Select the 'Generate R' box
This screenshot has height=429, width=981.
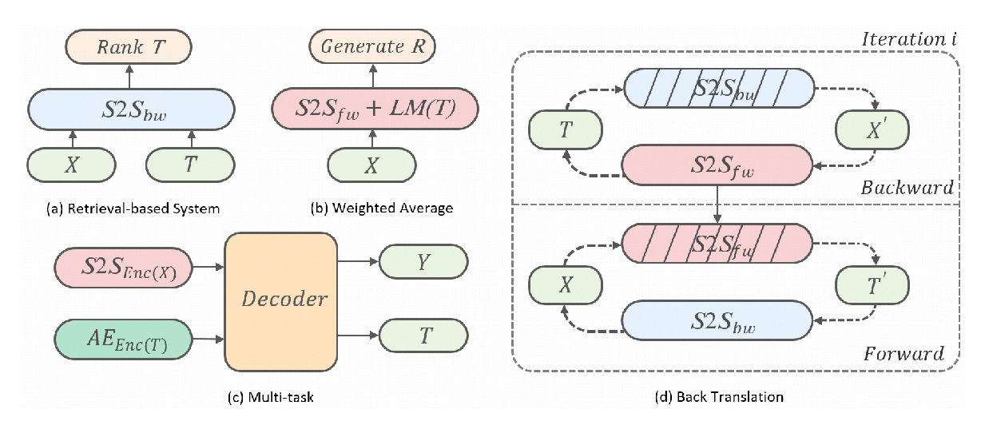click(x=371, y=47)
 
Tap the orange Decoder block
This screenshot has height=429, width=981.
click(x=284, y=300)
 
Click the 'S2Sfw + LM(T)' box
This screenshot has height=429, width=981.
click(x=374, y=108)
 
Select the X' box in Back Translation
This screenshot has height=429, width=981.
click(x=872, y=128)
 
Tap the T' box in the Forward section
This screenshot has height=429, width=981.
click(x=872, y=283)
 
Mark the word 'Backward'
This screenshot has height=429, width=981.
click(x=907, y=188)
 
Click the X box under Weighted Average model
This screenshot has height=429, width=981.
click(x=371, y=165)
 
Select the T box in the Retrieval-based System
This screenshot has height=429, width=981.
click(x=191, y=165)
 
